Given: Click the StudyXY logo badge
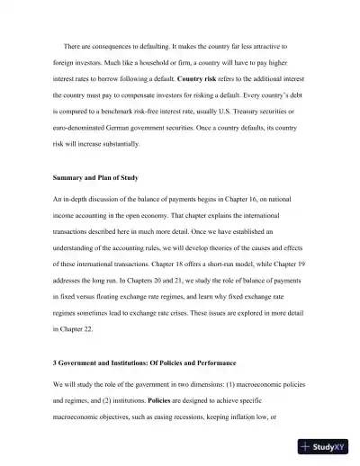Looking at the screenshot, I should coord(326,445).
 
